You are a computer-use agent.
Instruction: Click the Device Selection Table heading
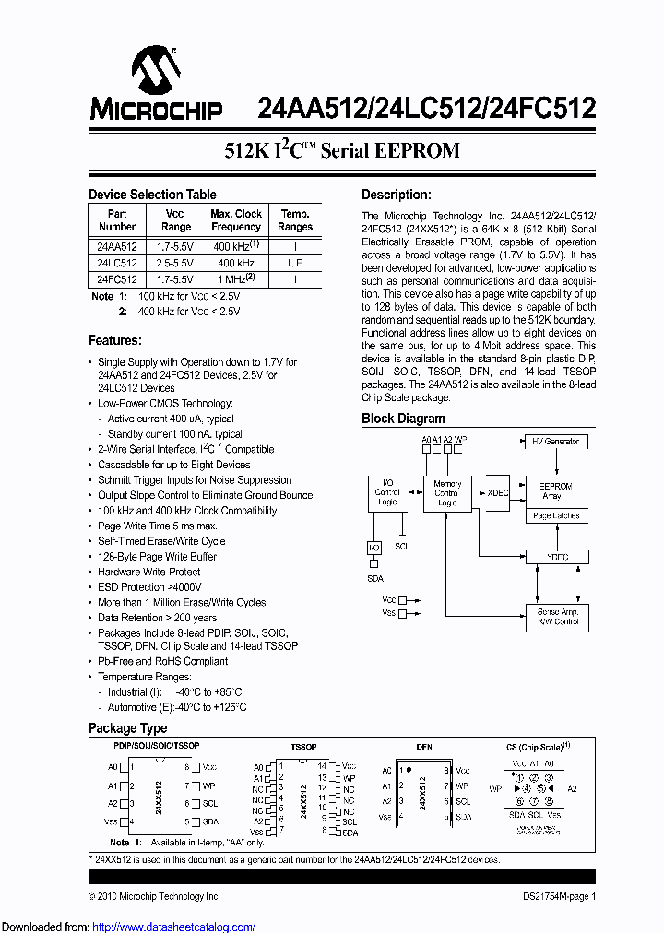(x=152, y=195)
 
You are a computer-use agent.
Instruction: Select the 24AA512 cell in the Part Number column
(x=117, y=247)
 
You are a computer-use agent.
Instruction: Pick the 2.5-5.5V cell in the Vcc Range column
(x=175, y=263)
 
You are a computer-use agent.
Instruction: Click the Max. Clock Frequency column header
(x=236, y=220)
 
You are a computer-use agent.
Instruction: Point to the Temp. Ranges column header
(x=295, y=220)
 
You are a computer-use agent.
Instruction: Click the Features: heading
(x=114, y=340)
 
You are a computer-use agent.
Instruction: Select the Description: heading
(x=396, y=195)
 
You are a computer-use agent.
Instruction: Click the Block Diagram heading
(x=403, y=419)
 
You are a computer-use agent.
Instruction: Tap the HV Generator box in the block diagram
(x=555, y=442)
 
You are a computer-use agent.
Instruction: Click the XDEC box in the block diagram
(x=498, y=492)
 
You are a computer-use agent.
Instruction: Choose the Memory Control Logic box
(x=447, y=493)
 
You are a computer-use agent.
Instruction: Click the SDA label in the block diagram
(x=375, y=578)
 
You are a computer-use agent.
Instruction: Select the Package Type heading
(x=127, y=728)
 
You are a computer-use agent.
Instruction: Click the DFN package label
(x=424, y=746)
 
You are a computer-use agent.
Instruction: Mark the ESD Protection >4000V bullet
(x=149, y=587)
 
